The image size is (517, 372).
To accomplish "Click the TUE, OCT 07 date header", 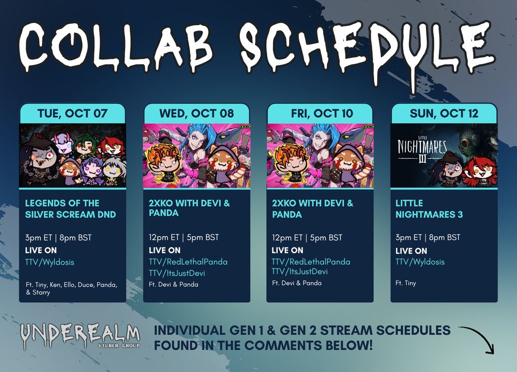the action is [x=72, y=113].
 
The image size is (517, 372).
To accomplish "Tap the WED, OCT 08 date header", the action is [x=196, y=113].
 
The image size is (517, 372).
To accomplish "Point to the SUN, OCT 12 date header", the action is [x=444, y=113].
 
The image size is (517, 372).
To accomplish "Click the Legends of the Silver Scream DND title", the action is [x=70, y=209].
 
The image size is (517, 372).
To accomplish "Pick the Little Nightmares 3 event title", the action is [x=429, y=209].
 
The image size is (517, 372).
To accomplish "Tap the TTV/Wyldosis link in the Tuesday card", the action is [x=50, y=262].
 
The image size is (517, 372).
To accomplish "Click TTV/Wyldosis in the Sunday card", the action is [x=420, y=262].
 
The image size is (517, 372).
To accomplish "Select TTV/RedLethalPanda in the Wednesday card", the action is [x=188, y=262].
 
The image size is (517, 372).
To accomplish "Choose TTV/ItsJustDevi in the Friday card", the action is [x=300, y=271].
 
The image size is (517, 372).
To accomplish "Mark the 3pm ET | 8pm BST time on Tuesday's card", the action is [x=58, y=238].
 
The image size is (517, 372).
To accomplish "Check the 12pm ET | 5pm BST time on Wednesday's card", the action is [x=184, y=237].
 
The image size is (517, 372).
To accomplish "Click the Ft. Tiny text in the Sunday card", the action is [x=406, y=283].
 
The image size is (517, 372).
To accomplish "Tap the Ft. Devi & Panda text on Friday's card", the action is [x=297, y=283].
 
